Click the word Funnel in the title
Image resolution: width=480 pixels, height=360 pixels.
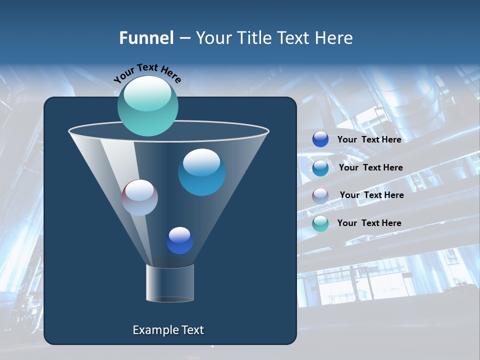pos(146,38)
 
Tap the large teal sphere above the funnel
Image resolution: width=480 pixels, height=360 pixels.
pos(147,106)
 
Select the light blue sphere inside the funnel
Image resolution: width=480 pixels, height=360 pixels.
pos(202,172)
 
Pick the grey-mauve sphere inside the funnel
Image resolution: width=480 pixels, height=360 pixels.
pos(140,197)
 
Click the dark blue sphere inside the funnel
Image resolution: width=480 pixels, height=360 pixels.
pos(180,240)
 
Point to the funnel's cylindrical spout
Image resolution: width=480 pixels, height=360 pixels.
pos(170,283)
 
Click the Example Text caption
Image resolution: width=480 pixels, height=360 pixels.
pos(168,330)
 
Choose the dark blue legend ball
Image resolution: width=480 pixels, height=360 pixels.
pos(320,139)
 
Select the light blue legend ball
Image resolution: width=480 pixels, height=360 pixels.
pos(320,168)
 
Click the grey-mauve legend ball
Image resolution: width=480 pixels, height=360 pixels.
pos(320,196)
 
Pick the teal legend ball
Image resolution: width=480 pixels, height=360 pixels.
pos(320,223)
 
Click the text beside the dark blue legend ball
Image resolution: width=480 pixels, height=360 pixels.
pos(369,139)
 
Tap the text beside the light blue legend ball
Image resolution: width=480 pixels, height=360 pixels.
pos(370,167)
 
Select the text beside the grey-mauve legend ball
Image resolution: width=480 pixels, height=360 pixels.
pos(371,195)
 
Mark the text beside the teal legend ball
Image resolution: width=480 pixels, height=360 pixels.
pos(369,223)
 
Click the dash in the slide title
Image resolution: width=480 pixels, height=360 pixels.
pos(184,38)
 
